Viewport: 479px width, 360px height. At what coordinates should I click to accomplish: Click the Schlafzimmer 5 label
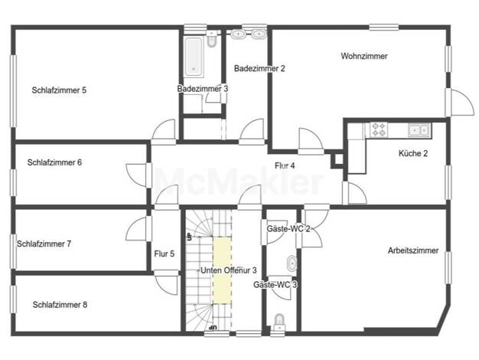(59, 90)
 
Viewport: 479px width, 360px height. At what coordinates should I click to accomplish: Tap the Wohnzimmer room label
(364, 56)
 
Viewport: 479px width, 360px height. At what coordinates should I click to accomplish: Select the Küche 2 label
(413, 153)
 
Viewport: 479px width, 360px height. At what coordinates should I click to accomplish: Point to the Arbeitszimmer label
(413, 250)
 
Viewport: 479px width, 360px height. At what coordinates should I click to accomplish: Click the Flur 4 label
(285, 165)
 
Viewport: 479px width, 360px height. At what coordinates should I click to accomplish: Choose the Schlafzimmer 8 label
(60, 305)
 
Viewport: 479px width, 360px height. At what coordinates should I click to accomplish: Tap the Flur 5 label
(165, 254)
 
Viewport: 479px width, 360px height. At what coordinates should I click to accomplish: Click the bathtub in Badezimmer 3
(193, 57)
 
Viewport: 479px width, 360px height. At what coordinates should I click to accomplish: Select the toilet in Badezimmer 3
(211, 39)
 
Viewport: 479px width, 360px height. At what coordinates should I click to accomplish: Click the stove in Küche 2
(379, 129)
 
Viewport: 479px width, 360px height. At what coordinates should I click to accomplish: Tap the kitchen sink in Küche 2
(419, 130)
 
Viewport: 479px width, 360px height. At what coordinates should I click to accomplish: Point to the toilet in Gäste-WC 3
(279, 322)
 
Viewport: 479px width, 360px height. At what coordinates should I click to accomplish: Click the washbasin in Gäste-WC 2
(292, 263)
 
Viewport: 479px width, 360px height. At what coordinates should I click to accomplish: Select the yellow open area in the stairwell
(222, 270)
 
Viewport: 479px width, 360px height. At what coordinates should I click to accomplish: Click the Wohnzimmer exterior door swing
(463, 102)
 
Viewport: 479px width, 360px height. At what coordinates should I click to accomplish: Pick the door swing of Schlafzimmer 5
(164, 129)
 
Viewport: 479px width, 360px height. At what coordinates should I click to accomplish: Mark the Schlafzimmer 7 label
(44, 244)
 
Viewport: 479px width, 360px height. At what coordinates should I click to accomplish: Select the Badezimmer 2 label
(259, 68)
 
